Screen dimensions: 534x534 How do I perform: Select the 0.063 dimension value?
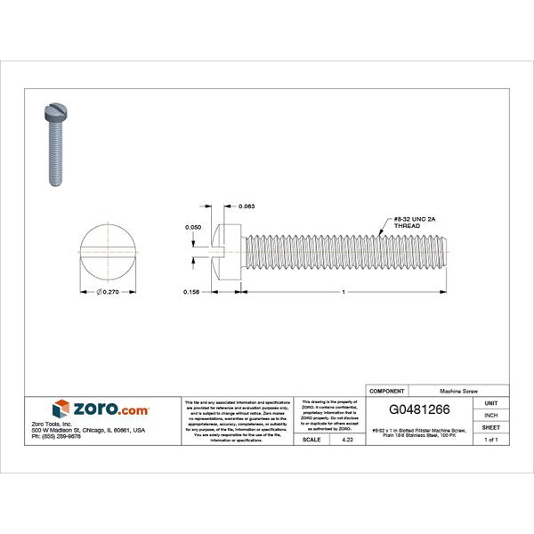(x=247, y=206)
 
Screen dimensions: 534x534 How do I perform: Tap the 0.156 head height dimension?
(x=190, y=291)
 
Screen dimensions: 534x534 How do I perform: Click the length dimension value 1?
(x=343, y=291)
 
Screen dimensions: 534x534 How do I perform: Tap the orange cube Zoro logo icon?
(x=61, y=409)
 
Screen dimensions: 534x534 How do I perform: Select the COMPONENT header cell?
(x=386, y=391)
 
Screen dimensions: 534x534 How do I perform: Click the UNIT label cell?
(x=490, y=403)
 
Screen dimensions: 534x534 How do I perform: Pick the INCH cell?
(x=490, y=415)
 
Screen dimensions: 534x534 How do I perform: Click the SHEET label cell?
(x=490, y=427)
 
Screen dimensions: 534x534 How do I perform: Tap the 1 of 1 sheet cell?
(x=490, y=440)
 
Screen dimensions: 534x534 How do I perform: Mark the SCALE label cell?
(x=311, y=440)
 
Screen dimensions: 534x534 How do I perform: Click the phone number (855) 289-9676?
(x=50, y=436)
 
